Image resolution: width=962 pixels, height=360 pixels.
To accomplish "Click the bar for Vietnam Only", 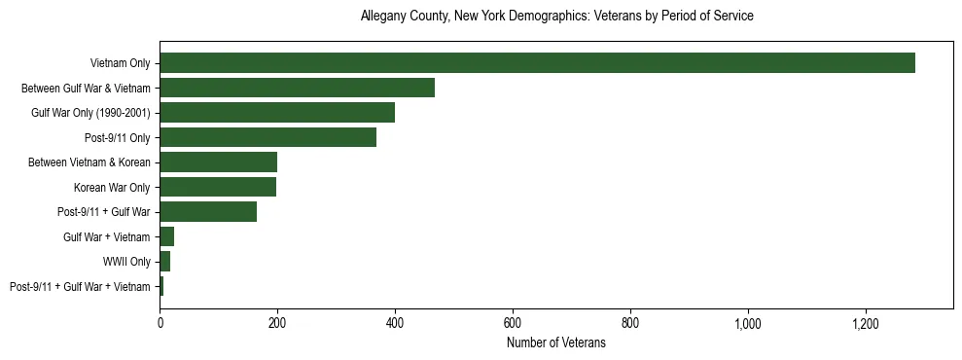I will pos(537,63).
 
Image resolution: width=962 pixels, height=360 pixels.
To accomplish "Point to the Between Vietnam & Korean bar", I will pos(218,162).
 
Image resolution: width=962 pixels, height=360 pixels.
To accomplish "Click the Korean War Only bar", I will pos(218,187).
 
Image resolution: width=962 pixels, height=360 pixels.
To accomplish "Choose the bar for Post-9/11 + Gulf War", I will pos(208,212).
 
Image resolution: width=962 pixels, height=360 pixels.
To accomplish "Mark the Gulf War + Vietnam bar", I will pos(167,236).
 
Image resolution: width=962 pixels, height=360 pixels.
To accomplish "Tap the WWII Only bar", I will pos(165,262).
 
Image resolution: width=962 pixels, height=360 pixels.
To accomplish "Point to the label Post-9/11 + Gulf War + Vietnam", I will pos(80,287).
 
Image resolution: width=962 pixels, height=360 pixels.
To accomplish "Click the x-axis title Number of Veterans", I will pos(556,343).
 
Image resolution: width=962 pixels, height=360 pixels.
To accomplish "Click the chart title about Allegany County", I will pos(556,17).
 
